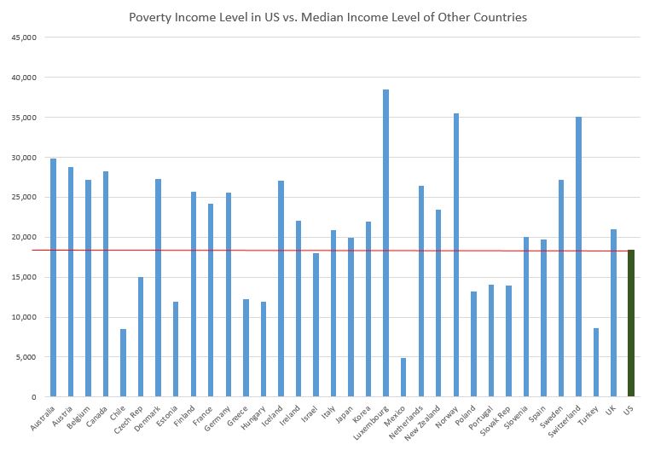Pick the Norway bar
point(456,255)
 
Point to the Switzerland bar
point(578,257)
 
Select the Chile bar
point(123,362)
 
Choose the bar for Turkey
point(596,362)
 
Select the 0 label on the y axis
point(32,397)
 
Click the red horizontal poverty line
point(256,250)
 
